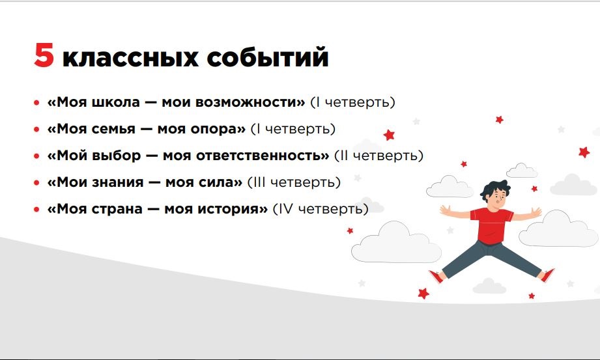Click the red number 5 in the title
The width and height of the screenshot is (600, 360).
pos(44,55)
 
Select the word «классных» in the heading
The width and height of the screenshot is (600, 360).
pos(130,58)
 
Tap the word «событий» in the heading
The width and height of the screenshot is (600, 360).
pos(268,57)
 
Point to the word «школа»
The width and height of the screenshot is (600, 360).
pos(116,102)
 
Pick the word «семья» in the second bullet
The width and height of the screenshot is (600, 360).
pos(113,129)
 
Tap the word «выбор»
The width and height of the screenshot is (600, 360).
pos(117,156)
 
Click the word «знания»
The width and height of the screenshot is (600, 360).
pos(118,182)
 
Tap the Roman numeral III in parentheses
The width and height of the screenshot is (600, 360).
pos(258,182)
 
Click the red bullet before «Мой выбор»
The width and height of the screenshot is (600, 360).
pos(36,156)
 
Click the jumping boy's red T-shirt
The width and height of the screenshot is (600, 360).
pos(491,225)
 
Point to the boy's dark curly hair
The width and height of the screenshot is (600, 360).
pos(495,189)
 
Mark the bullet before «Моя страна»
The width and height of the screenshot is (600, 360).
pos(36,210)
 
